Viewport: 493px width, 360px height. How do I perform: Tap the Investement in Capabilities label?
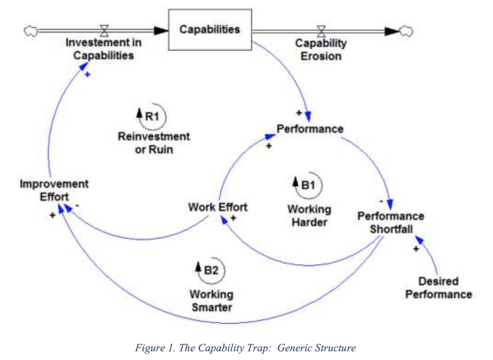click(x=104, y=49)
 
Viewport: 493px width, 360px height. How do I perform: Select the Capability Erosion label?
click(x=320, y=50)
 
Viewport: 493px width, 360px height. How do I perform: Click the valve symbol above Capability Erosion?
click(x=321, y=31)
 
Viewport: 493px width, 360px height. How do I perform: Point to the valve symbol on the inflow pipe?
click(x=105, y=31)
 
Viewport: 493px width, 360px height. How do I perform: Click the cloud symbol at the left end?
click(x=31, y=31)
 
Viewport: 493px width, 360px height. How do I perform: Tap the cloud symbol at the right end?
click(x=405, y=31)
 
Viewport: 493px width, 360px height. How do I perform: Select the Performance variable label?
click(x=310, y=129)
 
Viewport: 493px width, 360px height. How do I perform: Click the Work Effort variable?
click(x=218, y=207)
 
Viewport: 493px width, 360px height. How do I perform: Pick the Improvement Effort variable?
click(x=54, y=190)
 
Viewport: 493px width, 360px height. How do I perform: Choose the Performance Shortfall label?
click(x=391, y=222)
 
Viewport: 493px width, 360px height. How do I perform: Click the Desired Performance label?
click(x=439, y=288)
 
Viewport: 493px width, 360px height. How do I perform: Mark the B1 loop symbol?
click(x=308, y=185)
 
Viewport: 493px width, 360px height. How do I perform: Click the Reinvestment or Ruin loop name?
click(x=154, y=143)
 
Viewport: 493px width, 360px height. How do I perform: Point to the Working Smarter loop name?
click(x=211, y=301)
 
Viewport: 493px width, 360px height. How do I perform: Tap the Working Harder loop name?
click(x=309, y=216)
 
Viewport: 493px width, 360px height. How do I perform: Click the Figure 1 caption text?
click(x=245, y=348)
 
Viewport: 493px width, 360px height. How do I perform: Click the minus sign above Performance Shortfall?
click(x=381, y=201)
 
